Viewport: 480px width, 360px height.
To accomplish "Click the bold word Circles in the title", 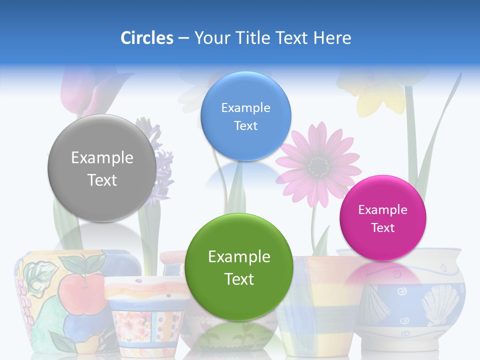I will (x=146, y=38).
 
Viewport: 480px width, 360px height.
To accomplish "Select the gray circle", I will (x=102, y=168).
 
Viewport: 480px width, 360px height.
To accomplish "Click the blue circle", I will (x=245, y=116).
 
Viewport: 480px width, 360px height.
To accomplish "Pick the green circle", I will (x=239, y=267).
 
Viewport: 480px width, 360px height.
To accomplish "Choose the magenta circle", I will (x=383, y=218).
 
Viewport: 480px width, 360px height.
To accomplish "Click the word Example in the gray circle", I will (x=102, y=158).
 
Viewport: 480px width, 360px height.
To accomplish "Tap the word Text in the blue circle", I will (x=245, y=126).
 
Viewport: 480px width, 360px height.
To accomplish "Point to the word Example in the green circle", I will (x=239, y=257).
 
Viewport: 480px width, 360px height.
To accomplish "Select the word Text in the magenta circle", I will (x=383, y=228).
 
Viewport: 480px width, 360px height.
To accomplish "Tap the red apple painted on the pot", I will (x=80, y=290).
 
